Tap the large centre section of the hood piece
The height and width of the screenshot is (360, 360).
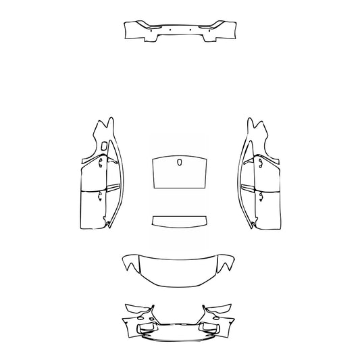pos(180,268)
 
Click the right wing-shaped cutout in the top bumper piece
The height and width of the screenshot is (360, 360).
pos(204,26)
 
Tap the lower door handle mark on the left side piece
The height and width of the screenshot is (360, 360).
pos(100,197)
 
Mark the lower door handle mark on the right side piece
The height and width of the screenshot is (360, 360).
pos(259,197)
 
